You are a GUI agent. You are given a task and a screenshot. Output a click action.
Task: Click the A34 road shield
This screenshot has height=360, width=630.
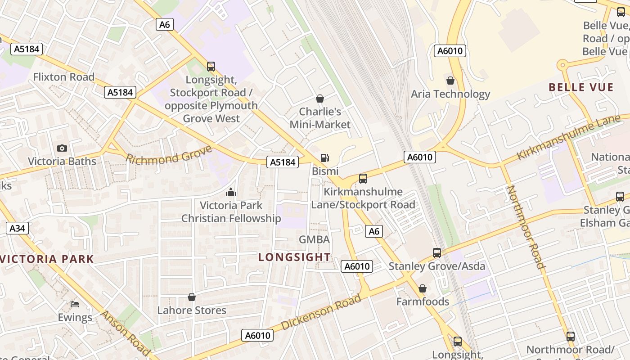[18, 228]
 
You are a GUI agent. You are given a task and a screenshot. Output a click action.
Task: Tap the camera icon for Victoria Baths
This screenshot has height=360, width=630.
[62, 148]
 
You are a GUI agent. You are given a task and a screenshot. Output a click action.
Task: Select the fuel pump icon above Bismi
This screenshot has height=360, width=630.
[324, 157]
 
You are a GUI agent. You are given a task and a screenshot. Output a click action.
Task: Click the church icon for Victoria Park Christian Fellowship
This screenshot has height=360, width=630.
[231, 192]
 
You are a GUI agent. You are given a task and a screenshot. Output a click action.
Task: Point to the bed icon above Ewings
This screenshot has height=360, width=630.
[75, 304]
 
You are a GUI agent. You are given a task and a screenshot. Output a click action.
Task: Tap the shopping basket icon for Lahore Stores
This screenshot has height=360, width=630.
[192, 297]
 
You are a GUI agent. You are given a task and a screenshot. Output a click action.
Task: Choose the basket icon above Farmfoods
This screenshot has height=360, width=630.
[423, 288]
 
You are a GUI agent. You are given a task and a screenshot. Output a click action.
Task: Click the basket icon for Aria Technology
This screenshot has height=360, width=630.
[450, 81]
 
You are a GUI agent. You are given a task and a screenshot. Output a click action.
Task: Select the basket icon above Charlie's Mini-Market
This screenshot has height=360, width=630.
[320, 98]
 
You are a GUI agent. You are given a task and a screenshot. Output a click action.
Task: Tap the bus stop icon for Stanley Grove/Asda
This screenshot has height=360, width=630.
[437, 252]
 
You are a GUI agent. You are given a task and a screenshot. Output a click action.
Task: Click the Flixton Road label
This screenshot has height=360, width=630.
[64, 77]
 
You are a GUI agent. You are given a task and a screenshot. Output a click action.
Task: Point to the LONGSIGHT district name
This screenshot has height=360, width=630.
[295, 257]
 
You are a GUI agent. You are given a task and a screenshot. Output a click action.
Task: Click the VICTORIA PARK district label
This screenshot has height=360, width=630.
[47, 259]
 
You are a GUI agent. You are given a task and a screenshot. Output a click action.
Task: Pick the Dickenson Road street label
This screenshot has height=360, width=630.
[321, 311]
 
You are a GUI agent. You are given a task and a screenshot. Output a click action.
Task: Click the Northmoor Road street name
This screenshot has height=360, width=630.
[526, 227]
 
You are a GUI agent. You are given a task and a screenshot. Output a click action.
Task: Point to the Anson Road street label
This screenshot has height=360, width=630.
[125, 332]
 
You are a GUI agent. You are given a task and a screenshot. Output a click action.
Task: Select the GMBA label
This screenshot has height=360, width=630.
[315, 239]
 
